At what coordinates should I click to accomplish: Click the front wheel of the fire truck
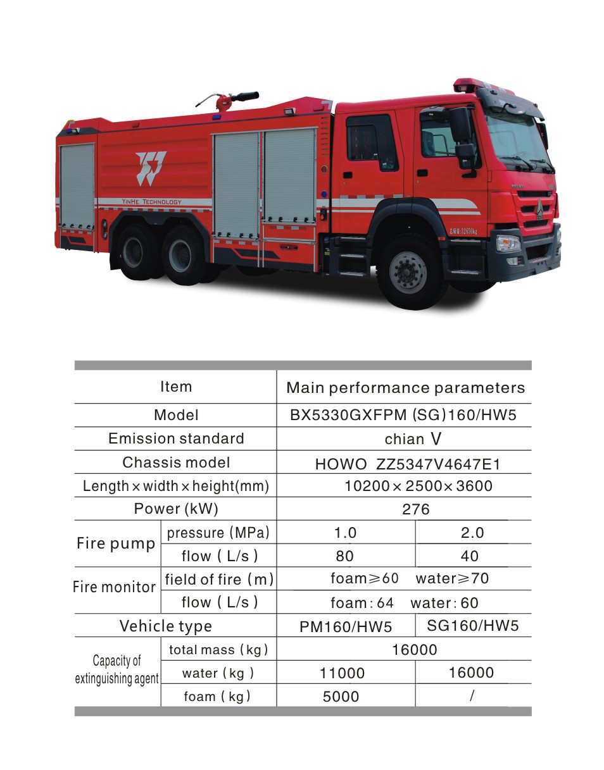(408, 272)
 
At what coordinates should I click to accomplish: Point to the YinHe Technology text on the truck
(151, 202)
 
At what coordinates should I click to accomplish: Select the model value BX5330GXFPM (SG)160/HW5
(403, 415)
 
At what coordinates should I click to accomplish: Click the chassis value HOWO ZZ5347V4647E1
(407, 464)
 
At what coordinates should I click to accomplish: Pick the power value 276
(415, 509)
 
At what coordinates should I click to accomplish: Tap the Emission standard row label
(176, 438)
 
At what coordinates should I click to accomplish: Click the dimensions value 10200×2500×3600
(418, 486)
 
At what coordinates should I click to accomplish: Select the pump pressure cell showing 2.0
(472, 533)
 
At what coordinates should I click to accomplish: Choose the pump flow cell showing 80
(345, 556)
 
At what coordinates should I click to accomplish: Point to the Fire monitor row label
(114, 587)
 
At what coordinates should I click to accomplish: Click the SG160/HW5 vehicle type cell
(472, 626)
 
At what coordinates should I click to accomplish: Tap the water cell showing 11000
(342, 673)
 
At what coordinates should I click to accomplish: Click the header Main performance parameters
(405, 388)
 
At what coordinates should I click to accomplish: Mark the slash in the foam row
(472, 696)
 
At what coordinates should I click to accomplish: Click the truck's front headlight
(508, 243)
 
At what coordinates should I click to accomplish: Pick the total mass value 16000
(414, 650)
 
